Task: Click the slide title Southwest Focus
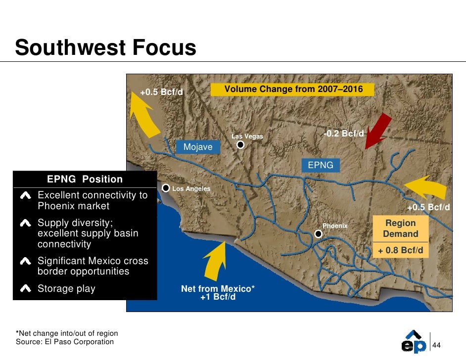tap(105, 48)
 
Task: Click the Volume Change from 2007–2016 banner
tap(293, 90)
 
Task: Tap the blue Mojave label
tap(198, 147)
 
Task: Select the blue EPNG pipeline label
tap(321, 165)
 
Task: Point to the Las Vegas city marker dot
tap(240, 145)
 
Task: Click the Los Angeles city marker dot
tap(166, 188)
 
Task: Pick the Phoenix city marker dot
tap(319, 234)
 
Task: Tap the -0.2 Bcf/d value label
tap(344, 134)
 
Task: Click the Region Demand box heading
tap(401, 228)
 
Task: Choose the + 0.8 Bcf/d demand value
tap(401, 251)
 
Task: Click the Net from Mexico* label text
tap(218, 289)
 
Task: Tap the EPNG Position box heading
tap(85, 179)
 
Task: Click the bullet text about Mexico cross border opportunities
tap(93, 266)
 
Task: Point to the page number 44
tap(437, 345)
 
